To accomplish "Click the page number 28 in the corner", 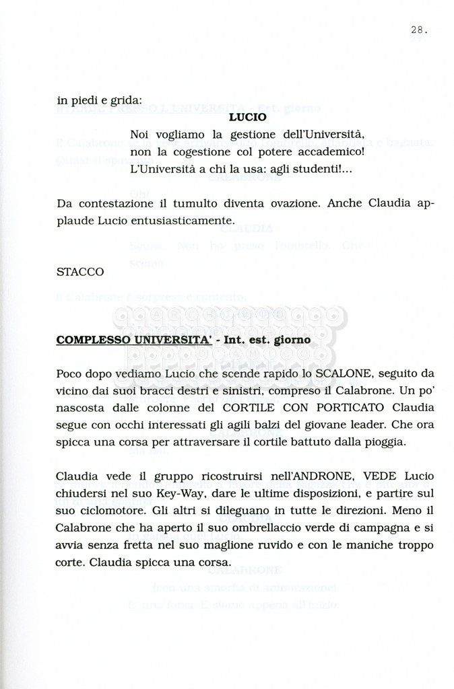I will (417, 29).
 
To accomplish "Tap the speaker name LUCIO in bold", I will (247, 117).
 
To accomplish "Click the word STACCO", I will (80, 272).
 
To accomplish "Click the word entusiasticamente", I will (173, 220).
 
